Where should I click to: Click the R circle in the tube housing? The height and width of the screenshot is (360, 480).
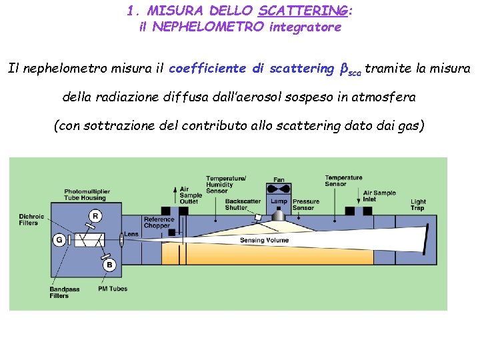pos(95,215)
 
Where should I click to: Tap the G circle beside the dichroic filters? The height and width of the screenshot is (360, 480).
pos(59,239)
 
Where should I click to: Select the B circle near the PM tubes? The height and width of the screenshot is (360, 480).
pos(109,265)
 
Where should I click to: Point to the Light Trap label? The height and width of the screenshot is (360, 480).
pos(418,205)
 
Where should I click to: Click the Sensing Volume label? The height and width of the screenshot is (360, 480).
pos(265,240)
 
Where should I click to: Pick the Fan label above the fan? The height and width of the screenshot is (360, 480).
pos(279,180)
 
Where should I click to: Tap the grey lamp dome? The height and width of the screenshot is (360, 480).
pos(279,215)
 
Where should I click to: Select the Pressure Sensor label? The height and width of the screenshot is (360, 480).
pos(306,204)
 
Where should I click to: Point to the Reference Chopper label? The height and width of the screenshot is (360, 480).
pos(159,222)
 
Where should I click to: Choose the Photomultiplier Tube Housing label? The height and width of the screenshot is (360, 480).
pos(87,195)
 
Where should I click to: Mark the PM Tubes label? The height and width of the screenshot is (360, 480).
pos(113,289)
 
